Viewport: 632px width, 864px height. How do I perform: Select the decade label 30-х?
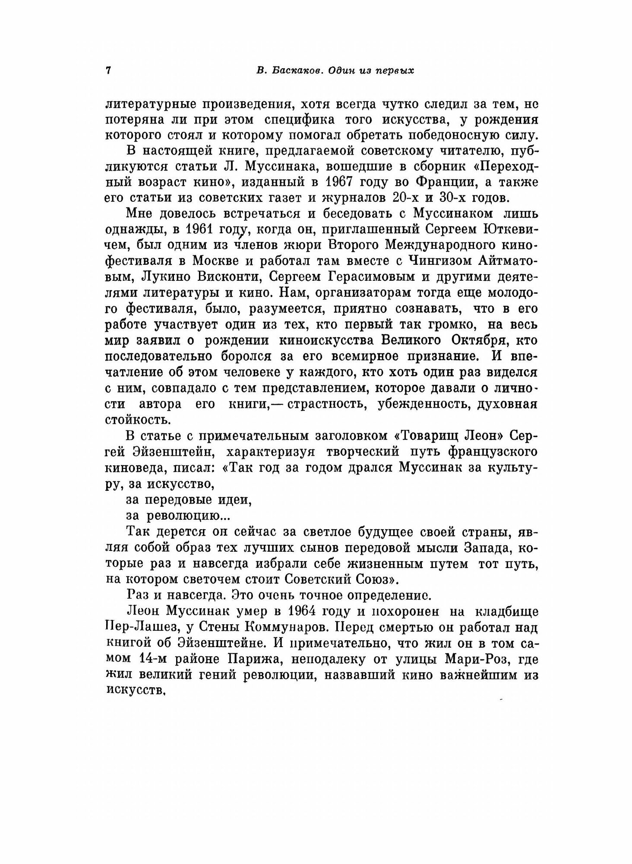click(450, 198)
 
